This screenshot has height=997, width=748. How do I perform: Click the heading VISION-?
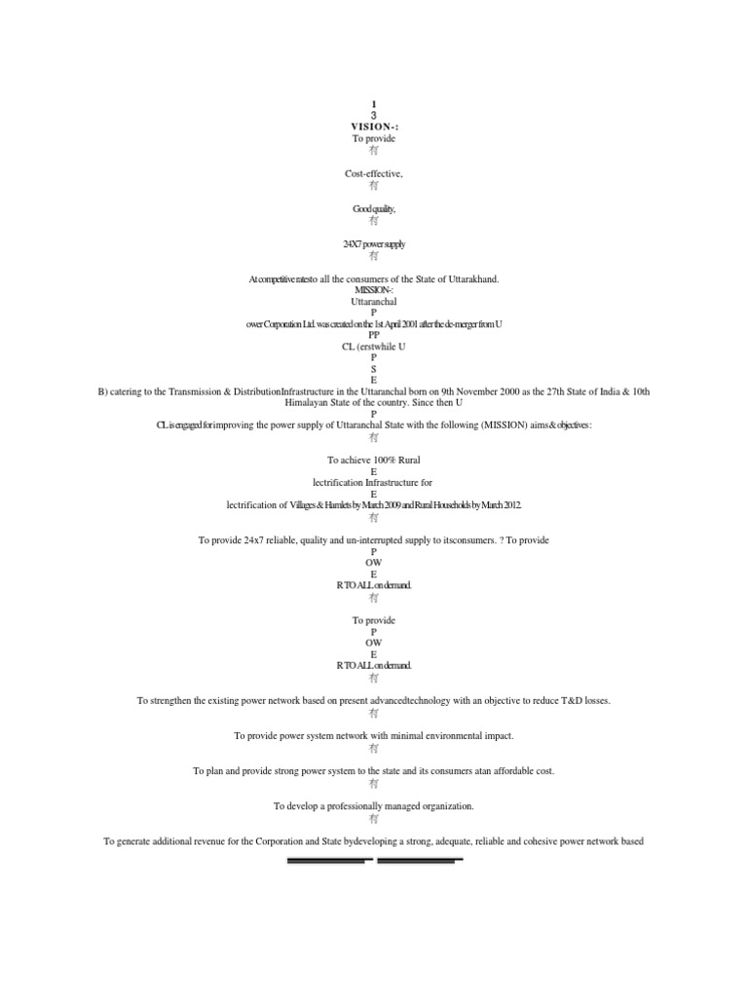pos(374,127)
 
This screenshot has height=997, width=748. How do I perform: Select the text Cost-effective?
pos(374,173)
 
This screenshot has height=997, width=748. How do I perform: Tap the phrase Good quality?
pos(374,208)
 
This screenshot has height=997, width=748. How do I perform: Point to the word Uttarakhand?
pos(470,279)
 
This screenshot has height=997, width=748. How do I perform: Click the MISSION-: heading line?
pos(374,290)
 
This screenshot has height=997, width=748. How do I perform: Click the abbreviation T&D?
pos(566,700)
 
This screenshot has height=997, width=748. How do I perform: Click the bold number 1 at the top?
pos(374,104)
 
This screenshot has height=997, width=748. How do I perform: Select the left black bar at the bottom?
pos(329,861)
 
